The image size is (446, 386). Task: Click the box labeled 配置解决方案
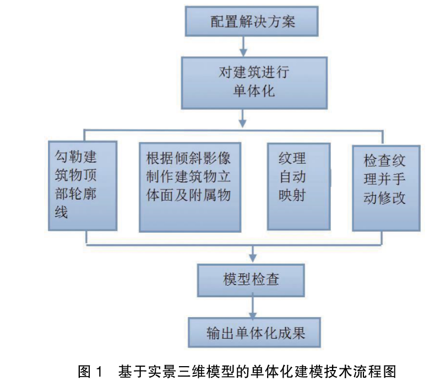tap(252, 22)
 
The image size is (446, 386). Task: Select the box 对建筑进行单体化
tap(252, 81)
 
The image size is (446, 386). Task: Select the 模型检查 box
tap(252, 279)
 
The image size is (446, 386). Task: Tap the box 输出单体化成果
tap(255, 333)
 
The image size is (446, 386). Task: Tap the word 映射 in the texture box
tap(292, 196)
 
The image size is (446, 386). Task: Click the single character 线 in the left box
tap(61, 212)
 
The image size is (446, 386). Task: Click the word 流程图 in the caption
tap(377, 371)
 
